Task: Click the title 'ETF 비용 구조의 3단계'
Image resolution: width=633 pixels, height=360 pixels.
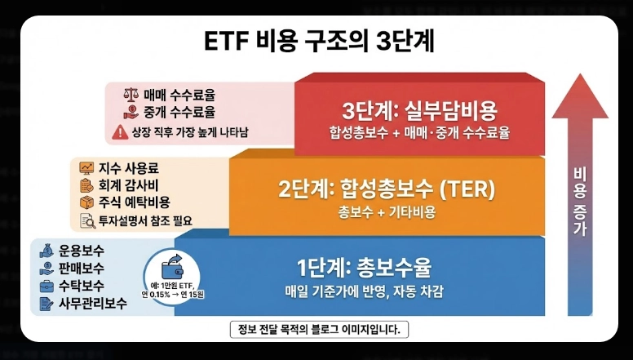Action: click(x=317, y=42)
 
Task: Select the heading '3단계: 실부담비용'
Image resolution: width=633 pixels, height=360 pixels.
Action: click(x=419, y=110)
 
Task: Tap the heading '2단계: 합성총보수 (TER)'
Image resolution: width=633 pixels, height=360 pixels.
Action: click(x=387, y=189)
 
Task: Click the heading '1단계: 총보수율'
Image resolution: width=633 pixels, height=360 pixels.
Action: click(x=364, y=267)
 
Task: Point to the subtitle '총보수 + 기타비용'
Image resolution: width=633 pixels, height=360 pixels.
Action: click(x=387, y=212)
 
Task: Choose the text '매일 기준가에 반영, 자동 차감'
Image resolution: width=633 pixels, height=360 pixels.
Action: click(x=364, y=291)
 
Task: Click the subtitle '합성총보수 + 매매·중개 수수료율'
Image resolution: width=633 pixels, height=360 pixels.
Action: click(x=419, y=133)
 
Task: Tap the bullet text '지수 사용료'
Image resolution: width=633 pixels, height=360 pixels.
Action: click(x=128, y=167)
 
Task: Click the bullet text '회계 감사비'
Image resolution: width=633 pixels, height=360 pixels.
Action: click(x=128, y=184)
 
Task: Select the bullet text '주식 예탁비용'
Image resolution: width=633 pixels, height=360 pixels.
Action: click(x=134, y=202)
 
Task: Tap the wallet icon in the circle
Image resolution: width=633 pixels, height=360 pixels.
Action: click(x=173, y=268)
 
